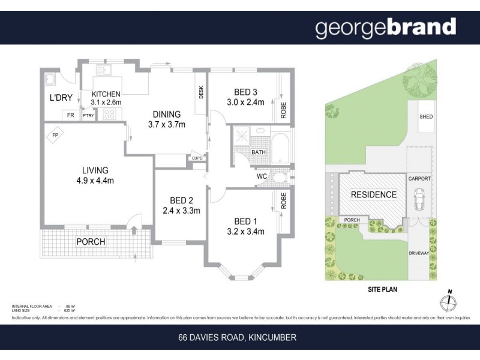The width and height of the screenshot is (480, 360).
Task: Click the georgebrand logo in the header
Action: (x=385, y=28)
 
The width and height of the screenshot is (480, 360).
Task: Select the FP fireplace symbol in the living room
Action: (x=54, y=134)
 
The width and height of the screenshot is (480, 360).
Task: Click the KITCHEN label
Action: (x=106, y=94)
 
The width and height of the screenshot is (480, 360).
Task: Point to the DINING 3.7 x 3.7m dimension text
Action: (x=167, y=125)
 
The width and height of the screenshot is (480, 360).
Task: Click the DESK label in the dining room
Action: (x=202, y=92)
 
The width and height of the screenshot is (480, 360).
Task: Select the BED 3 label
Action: (x=245, y=92)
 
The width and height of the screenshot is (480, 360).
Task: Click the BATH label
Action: (x=259, y=152)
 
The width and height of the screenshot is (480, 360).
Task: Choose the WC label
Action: (x=262, y=176)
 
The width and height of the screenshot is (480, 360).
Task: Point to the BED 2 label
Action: (x=181, y=200)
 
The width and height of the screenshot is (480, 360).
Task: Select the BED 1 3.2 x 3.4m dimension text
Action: (x=245, y=232)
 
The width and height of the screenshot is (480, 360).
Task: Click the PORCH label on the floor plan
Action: (x=91, y=242)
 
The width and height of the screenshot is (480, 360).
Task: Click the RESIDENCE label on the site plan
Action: (x=373, y=194)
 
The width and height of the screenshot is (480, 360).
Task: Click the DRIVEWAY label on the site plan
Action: (x=419, y=253)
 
